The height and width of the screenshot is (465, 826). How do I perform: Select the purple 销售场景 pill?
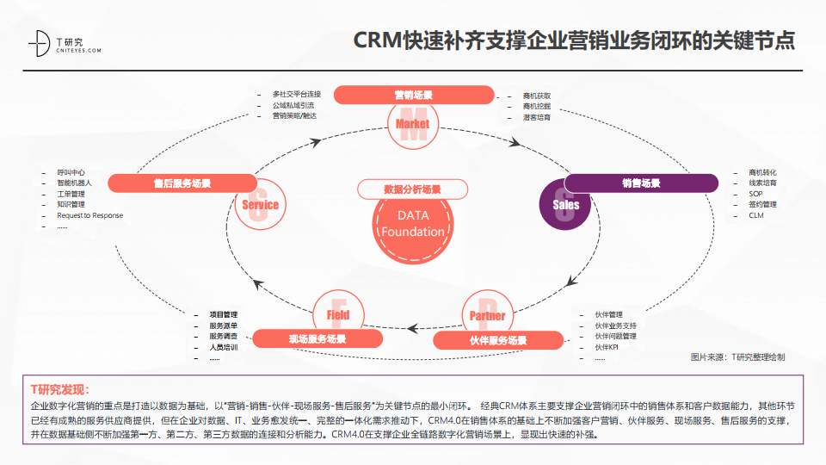[641, 183]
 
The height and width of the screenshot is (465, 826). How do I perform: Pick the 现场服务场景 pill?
[317, 339]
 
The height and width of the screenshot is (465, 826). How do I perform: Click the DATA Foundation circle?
[412, 224]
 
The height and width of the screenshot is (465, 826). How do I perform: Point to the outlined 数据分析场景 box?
[412, 189]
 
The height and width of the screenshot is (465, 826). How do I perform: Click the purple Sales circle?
[566, 205]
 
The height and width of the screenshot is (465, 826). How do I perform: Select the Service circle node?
[260, 205]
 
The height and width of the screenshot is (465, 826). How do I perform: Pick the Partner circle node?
[487, 315]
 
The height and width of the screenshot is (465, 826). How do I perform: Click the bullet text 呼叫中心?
[71, 172]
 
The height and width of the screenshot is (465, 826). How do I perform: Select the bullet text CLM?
[755, 215]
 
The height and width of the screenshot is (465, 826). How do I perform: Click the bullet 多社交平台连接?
[296, 94]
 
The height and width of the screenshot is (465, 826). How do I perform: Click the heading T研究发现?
[59, 389]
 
